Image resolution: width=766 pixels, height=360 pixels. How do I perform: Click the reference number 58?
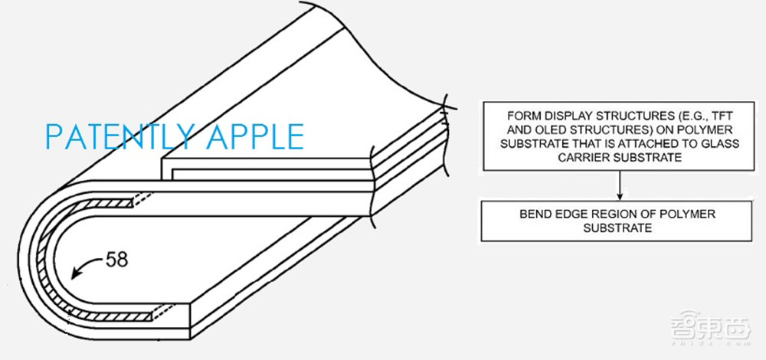tap(116, 260)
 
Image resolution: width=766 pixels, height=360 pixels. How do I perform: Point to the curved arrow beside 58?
tap(83, 266)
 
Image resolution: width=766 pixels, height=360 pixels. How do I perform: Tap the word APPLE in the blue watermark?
tap(254, 136)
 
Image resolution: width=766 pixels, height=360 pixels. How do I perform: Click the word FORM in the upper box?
tap(520, 116)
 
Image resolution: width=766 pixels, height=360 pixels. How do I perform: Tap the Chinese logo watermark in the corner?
tap(710, 326)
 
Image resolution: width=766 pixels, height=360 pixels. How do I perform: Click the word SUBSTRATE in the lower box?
tap(617, 228)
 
